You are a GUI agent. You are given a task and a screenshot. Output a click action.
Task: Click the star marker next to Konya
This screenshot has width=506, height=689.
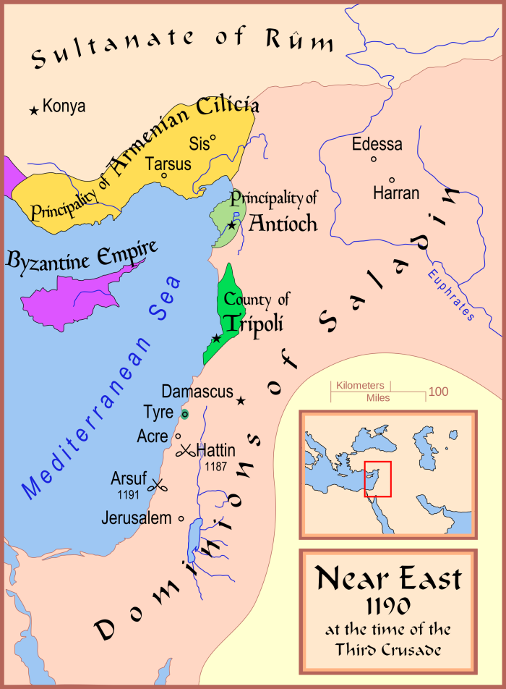click(33, 111)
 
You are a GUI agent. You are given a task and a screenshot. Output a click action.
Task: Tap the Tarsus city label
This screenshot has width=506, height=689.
click(168, 164)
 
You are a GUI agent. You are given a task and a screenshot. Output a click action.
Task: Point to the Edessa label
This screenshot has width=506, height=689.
click(377, 144)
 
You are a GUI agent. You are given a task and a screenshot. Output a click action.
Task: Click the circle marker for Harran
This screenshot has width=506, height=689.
click(392, 180)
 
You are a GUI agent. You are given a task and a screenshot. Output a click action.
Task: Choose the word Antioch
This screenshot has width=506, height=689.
click(283, 223)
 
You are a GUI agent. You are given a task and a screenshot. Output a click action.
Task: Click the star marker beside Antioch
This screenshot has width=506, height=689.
click(231, 226)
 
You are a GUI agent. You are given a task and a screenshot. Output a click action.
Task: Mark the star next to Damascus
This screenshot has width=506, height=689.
click(241, 401)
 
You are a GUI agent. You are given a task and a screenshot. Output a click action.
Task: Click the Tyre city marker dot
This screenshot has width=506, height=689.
click(184, 414)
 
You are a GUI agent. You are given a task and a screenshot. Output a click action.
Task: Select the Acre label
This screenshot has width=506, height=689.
click(152, 436)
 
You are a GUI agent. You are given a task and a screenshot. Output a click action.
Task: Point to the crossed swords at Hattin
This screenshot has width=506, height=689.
click(185, 451)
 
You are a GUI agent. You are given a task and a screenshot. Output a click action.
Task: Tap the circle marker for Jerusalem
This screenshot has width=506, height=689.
click(181, 518)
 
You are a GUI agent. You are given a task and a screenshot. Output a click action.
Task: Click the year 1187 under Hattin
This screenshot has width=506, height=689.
click(217, 464)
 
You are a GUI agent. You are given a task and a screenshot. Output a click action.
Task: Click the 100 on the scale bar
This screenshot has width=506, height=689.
click(438, 392)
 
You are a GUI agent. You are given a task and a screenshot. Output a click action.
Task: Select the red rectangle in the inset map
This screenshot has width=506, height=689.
click(378, 478)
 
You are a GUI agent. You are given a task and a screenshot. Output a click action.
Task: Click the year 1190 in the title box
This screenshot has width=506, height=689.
click(387, 605)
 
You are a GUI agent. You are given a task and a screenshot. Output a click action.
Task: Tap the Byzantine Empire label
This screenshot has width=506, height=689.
click(82, 256)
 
